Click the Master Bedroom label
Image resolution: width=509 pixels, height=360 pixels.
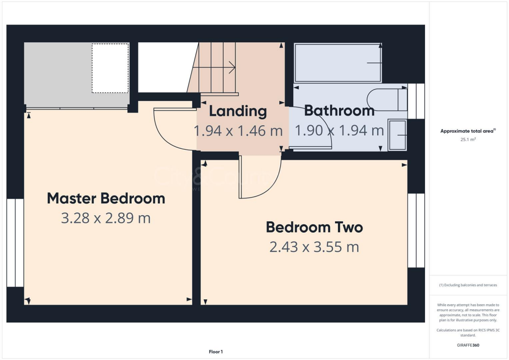coord(106,198)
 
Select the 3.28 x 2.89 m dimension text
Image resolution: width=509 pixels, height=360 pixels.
coord(106,218)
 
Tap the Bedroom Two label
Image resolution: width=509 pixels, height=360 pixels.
coord(314,227)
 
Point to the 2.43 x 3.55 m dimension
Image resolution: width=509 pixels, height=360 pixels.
coord(314,247)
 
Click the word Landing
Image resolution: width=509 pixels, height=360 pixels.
coord(238,111)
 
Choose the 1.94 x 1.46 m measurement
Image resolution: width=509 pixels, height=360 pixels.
coord(238,131)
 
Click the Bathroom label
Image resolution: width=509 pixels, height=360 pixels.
coord(339,110)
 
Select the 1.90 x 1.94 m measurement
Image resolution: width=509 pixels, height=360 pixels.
coord(339,131)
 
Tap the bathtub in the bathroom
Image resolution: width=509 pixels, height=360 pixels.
coord(338,63)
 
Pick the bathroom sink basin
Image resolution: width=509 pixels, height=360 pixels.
coord(396,135)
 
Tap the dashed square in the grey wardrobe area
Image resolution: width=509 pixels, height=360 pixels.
coord(110,68)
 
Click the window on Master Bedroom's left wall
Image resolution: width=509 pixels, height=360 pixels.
coord(15,243)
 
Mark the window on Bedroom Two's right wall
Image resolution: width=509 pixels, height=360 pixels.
coord(416,230)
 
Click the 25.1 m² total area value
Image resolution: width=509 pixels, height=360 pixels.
coord(468,140)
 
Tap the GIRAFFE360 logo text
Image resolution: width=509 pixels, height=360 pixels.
coord(468,345)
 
